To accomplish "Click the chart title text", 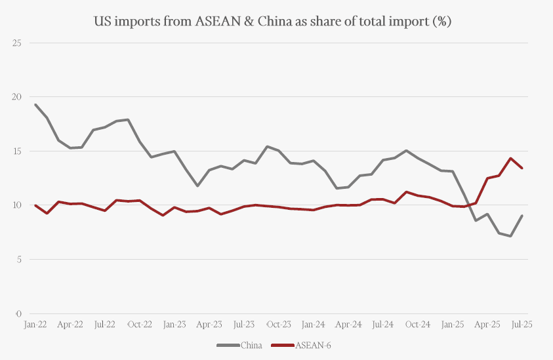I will (x=274, y=21).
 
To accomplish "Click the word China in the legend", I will (x=251, y=345).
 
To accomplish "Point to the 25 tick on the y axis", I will (x=17, y=43).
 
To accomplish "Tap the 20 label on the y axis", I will (x=17, y=97).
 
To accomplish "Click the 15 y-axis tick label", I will (x=17, y=151).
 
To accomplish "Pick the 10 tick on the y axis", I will (x=17, y=205).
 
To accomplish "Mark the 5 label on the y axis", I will (x=18, y=260).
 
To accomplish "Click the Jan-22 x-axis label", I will (x=35, y=324).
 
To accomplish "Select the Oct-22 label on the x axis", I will (x=139, y=324).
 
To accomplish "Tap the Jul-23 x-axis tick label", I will (x=244, y=324).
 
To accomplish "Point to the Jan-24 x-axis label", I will (x=314, y=324).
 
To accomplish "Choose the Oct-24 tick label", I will (x=417, y=324).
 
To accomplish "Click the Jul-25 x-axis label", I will (x=522, y=324).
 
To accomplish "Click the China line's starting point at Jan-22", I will (x=35, y=105).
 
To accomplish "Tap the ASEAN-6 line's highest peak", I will (x=510, y=158).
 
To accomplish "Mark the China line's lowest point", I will (x=510, y=236).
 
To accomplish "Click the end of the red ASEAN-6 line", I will (x=522, y=168).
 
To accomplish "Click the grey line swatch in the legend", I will (x=228, y=345).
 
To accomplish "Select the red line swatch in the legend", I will (x=283, y=345).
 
